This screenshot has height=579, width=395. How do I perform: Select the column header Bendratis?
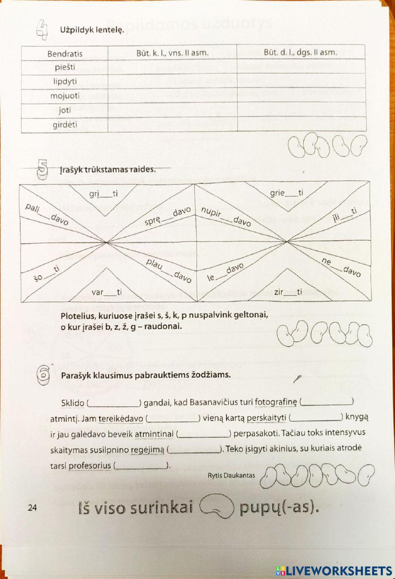[x=65, y=53]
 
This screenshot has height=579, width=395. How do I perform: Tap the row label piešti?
[x=65, y=67]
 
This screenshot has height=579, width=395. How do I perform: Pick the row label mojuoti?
[x=65, y=96]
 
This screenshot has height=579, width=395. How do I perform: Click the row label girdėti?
[x=65, y=125]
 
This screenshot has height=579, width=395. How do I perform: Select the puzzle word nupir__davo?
[x=226, y=216]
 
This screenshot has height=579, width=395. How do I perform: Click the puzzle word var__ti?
[x=107, y=292]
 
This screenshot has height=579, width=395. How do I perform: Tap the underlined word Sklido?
[x=73, y=403]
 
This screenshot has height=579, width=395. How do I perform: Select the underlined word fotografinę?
[x=275, y=403]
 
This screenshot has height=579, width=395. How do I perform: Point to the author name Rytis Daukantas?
[x=231, y=475]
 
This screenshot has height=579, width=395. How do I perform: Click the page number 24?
[x=33, y=508]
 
